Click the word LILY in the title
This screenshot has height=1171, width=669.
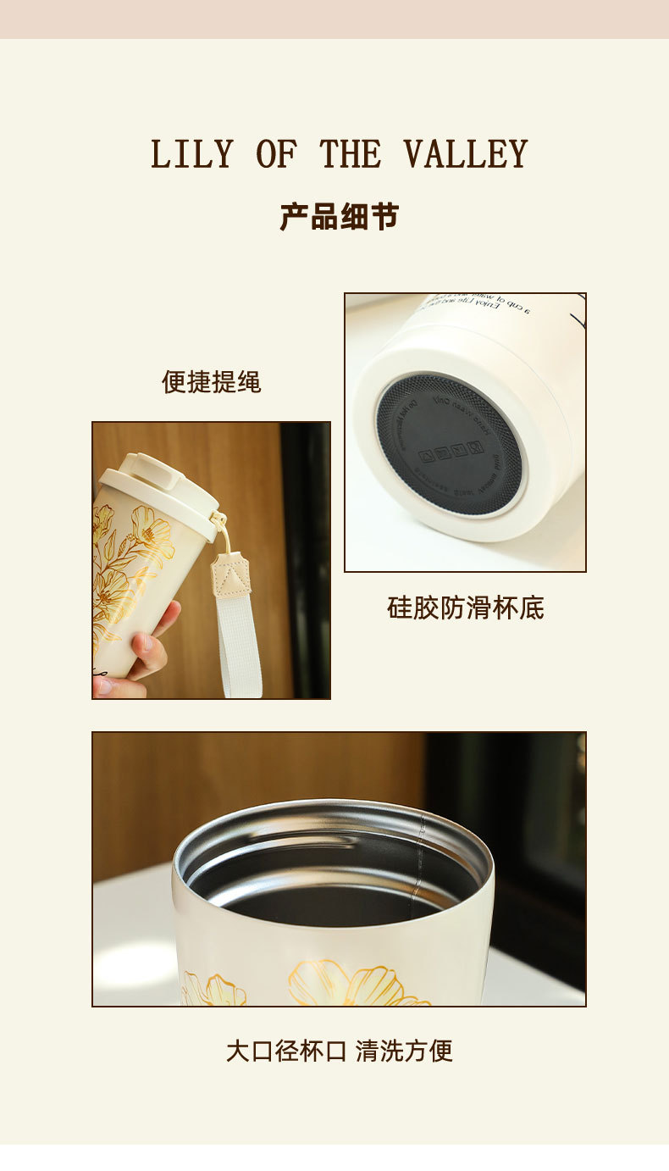[x=191, y=154]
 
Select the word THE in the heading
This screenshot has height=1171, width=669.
[x=351, y=154]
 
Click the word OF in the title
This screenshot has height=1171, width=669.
[x=276, y=154]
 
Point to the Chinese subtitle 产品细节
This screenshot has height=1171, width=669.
[x=339, y=217]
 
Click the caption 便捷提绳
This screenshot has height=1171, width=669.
[x=212, y=382]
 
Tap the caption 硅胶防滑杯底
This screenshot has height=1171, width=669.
[x=465, y=608]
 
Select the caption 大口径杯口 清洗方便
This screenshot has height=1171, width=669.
[x=339, y=1051]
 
